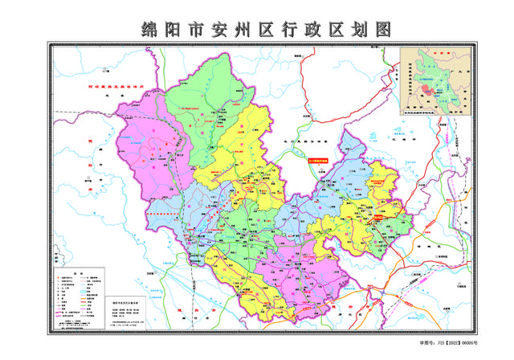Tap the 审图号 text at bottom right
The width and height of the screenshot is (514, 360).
click(426, 342)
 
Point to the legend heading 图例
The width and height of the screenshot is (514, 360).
click(78, 273)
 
